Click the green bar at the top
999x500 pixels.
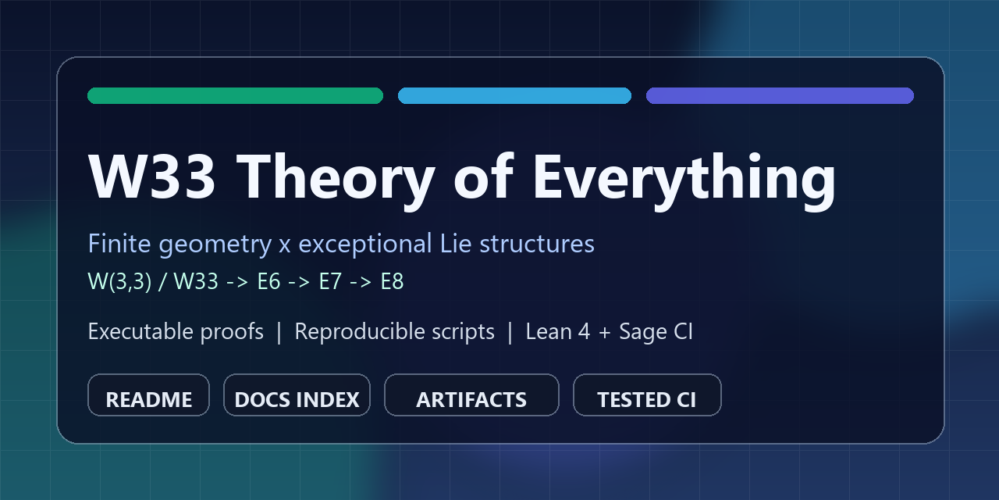[235, 95]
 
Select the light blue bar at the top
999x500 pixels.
[514, 95]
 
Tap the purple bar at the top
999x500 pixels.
[780, 95]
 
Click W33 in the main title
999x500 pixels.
[152, 176]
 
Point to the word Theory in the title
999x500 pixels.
[336, 180]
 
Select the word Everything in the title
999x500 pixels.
[684, 180]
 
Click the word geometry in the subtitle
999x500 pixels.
[215, 245]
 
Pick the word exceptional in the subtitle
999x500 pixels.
[364, 245]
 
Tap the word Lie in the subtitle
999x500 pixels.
[456, 243]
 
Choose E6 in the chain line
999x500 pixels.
[268, 281]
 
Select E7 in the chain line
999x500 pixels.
[330, 281]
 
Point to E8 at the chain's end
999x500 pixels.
[392, 281]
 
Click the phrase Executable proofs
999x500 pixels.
[176, 332]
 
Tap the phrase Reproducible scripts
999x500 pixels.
[394, 332]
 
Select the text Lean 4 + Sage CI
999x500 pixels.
[610, 332]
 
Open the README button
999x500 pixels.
[148, 395]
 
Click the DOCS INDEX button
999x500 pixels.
[297, 395]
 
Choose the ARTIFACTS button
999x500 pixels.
[471, 395]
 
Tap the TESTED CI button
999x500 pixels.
[647, 395]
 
